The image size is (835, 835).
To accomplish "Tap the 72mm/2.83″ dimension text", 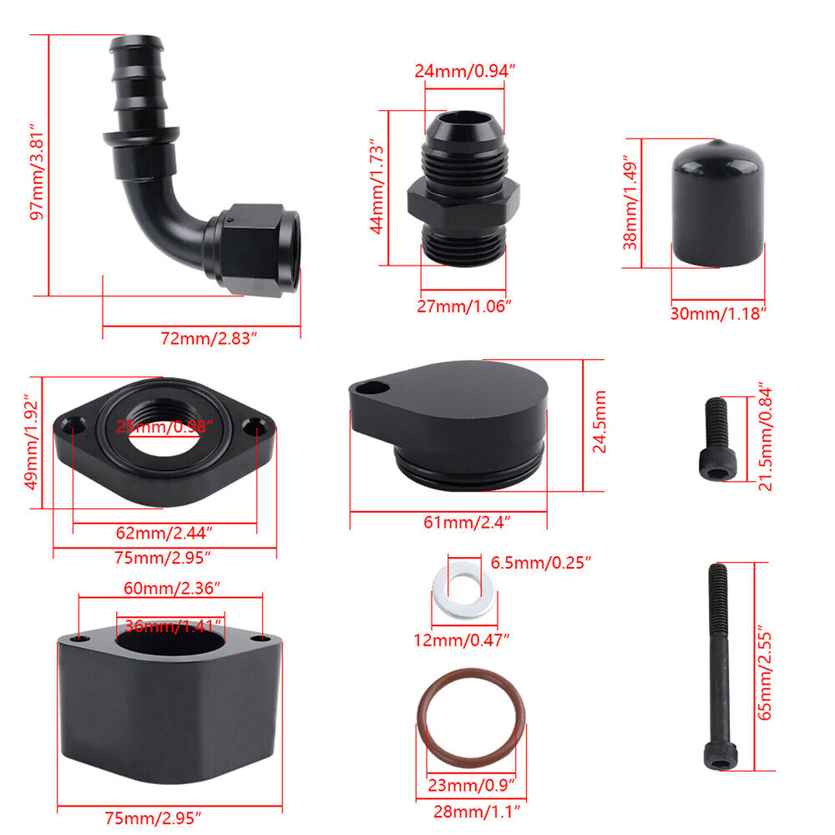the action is tap(209, 338).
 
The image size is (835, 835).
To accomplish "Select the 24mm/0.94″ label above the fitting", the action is tap(465, 71).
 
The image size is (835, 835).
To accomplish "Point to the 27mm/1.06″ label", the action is tap(463, 306).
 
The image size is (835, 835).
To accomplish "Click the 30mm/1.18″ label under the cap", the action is tap(718, 313).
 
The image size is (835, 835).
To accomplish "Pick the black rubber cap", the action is tap(718, 204).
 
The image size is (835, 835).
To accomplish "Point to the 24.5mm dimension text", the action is tap(600, 422).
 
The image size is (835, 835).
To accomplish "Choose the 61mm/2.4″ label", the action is tap(467, 522).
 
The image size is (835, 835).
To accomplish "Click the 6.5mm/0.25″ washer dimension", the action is tap(540, 562).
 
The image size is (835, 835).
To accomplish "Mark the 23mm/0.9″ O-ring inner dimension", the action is tap(471, 785).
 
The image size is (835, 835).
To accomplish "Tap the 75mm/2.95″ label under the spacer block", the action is tap(153, 817).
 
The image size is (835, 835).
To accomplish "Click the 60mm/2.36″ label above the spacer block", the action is tap(171, 588).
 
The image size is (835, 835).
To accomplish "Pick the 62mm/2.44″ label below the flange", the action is tap(164, 533).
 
